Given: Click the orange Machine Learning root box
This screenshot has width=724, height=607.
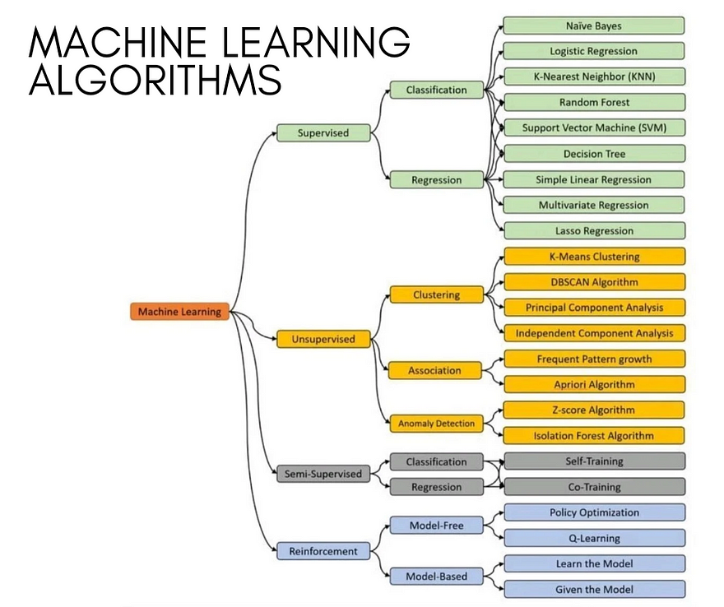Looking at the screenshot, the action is click(179, 312).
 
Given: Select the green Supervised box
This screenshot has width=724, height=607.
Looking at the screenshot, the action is click(323, 133).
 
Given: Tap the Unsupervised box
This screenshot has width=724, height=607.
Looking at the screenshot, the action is click(323, 339).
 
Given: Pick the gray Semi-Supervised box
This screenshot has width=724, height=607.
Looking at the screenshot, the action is click(323, 474).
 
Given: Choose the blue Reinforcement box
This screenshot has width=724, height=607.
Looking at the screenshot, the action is click(323, 551).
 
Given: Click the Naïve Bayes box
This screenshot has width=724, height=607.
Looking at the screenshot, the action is click(594, 25).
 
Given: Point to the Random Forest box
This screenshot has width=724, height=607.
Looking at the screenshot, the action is click(594, 102).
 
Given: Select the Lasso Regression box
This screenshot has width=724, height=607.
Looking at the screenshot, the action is click(594, 231).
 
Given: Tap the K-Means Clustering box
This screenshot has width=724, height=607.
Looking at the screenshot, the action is click(594, 256).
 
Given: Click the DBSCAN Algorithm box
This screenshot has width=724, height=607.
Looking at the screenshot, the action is click(594, 282).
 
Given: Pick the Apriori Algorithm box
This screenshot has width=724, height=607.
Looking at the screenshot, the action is click(594, 384).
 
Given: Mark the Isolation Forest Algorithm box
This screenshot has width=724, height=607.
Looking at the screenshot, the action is click(594, 436).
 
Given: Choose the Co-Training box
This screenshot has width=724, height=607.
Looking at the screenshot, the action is click(594, 487).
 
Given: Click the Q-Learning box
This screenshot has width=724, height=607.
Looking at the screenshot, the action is click(594, 538).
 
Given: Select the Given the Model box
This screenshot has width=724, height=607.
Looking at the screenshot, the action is click(594, 590).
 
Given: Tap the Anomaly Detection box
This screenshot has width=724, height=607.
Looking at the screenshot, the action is click(436, 424).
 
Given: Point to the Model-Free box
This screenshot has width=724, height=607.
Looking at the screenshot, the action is click(436, 526).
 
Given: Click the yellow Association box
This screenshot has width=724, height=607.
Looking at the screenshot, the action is click(434, 371).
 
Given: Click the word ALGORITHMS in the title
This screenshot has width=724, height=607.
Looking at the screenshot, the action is click(155, 80).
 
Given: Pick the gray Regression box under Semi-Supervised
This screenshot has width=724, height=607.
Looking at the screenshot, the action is click(436, 487).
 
